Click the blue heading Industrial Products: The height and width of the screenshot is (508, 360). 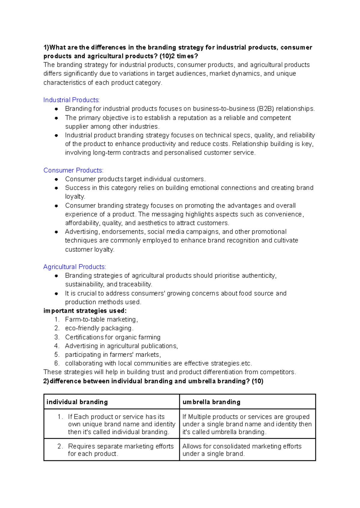coord(71,100)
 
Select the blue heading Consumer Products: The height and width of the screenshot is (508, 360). coord(73,170)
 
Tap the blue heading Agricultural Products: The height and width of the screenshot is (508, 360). coord(75,267)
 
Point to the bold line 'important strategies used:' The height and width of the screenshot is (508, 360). coord(85,311)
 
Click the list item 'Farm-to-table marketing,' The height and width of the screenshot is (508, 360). coord(101,319)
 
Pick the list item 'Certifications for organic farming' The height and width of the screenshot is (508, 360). coord(113,337)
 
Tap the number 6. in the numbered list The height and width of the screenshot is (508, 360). coord(57,363)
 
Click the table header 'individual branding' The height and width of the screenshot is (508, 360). coord(77,402)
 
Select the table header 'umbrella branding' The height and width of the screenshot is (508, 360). coord(211,402)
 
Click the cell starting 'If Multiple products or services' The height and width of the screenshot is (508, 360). coord(247,424)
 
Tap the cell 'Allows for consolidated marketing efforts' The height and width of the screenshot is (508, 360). coord(242,450)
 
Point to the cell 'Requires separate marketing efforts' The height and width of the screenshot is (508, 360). coord(121,450)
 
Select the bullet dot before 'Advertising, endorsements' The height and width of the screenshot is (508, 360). coord(56,232)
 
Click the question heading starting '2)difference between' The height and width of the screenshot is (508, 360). coord(153,381)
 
